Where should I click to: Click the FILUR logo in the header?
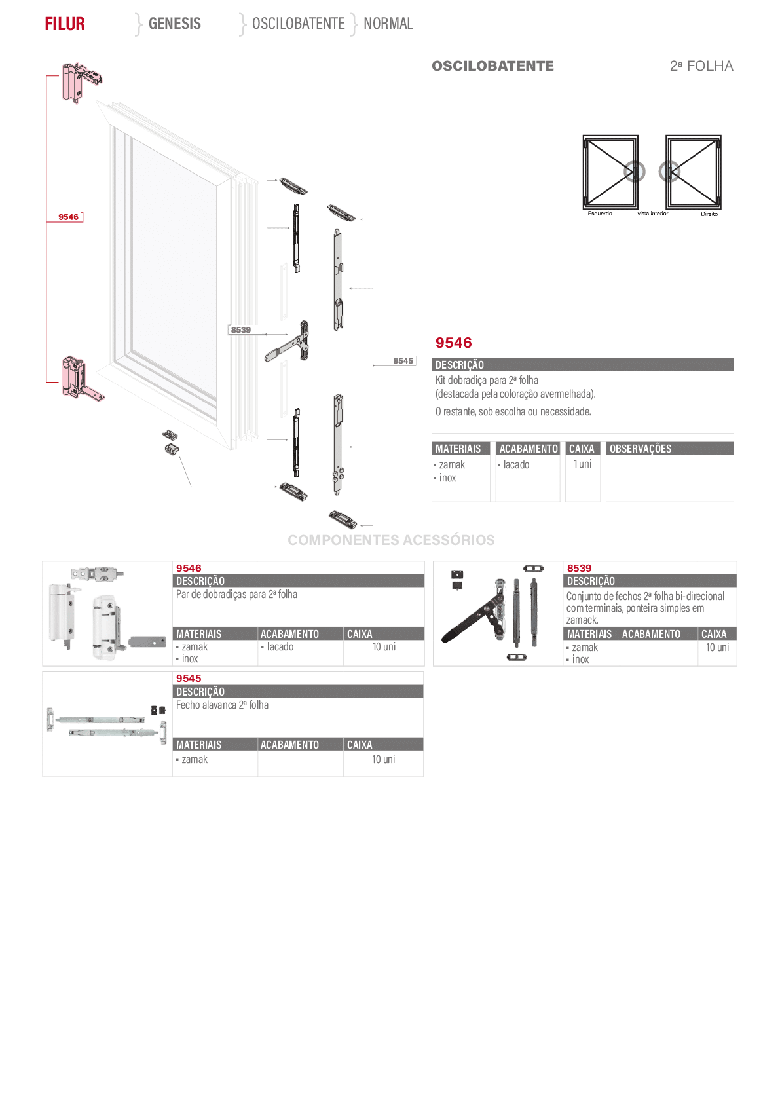(64, 24)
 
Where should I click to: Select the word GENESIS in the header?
(174, 24)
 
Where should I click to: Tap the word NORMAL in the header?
(388, 24)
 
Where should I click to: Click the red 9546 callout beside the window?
(69, 217)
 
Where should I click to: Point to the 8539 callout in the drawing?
(241, 330)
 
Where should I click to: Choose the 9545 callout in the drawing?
(403, 361)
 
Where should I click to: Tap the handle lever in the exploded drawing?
(287, 342)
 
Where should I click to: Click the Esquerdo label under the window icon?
(600, 214)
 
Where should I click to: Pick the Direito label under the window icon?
(709, 214)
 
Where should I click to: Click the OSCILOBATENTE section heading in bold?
(492, 66)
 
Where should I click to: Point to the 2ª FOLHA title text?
(701, 66)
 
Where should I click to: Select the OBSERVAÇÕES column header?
(640, 449)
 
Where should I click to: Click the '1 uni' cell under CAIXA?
(582, 464)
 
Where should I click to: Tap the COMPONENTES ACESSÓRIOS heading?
(391, 540)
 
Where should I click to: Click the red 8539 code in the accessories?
(579, 569)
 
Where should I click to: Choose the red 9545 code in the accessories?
(189, 679)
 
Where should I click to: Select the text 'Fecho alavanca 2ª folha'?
(222, 705)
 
